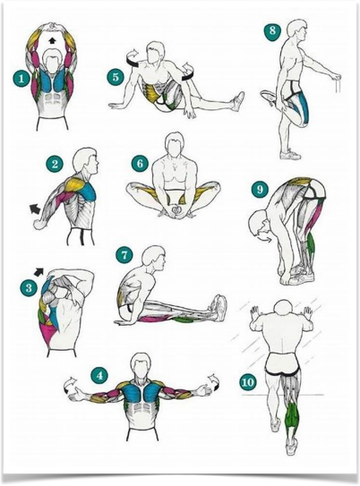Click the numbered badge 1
pos(21,79)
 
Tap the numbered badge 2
pos(56,164)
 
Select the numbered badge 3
pos(29,288)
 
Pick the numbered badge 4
pos(99,376)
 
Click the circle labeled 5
pos(116,77)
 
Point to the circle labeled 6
pos(140,163)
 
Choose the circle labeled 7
pos(124,255)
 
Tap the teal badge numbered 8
pos(272,31)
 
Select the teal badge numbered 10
pos(247,382)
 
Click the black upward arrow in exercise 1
pos(52,40)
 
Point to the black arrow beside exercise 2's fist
pos(35,209)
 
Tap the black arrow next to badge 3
pos(39,271)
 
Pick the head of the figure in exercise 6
pos(175,146)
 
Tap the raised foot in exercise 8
pos(269,97)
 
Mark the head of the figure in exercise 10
pos(284,310)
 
